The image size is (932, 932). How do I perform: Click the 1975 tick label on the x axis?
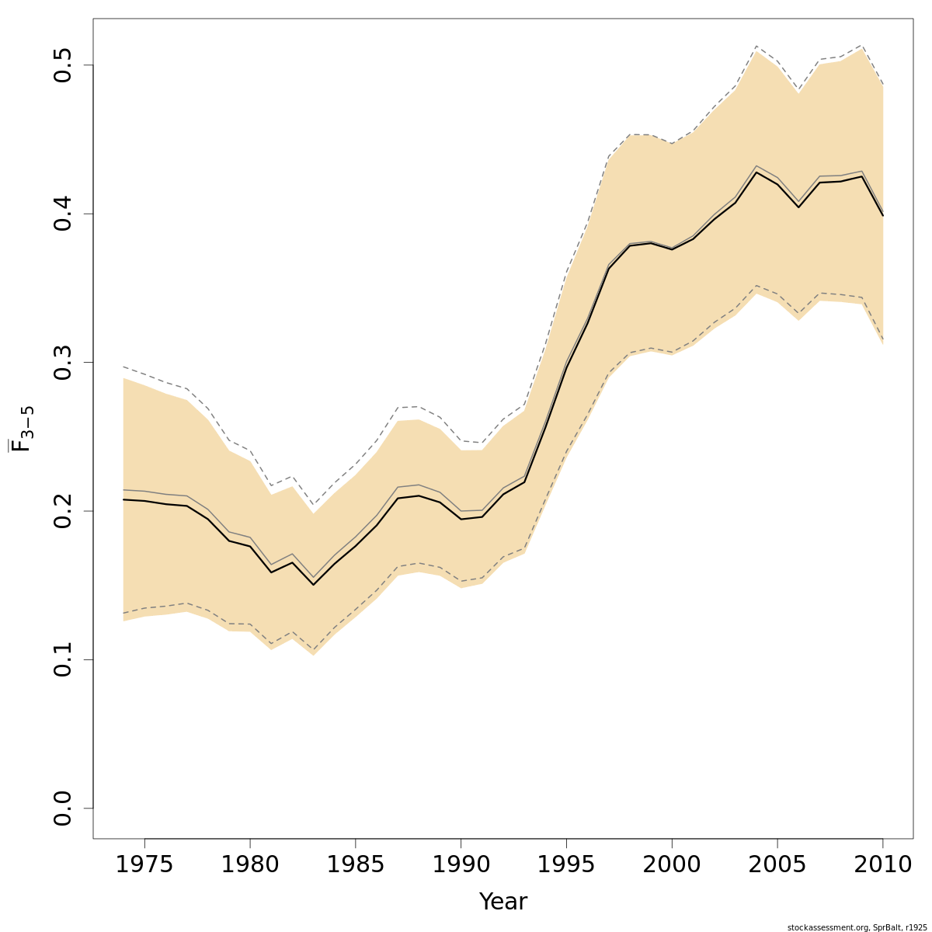click(144, 864)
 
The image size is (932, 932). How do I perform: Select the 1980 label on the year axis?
click(250, 864)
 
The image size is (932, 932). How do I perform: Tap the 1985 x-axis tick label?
click(355, 864)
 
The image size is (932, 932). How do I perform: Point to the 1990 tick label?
click(461, 864)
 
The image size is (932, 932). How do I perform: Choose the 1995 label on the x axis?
click(566, 864)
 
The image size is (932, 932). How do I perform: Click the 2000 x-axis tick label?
click(671, 864)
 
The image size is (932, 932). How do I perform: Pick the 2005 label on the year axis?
click(777, 864)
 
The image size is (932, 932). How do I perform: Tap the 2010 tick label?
click(882, 864)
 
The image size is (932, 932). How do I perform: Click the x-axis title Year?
click(503, 902)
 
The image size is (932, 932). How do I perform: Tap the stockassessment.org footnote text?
click(857, 927)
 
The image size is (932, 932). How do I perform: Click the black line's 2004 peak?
click(756, 172)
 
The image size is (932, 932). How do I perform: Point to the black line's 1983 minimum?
click(313, 584)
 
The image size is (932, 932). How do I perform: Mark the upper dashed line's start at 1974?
click(123, 367)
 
